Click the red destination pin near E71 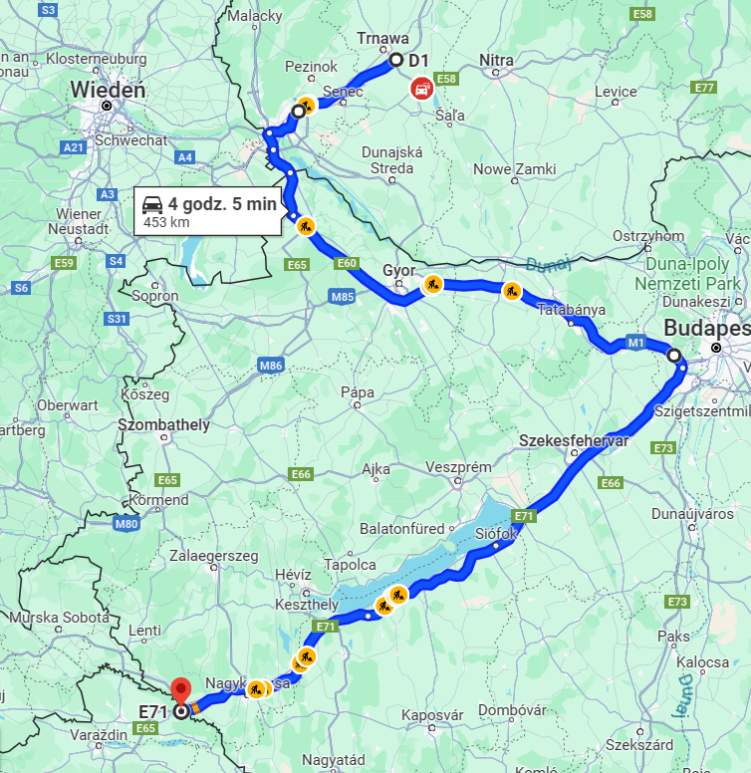pos(180,689)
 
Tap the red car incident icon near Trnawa pos(422,88)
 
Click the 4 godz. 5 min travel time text pos(221,204)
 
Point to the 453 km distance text pos(166,222)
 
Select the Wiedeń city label pos(109,91)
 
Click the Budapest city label pos(706,328)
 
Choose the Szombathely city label pos(163,425)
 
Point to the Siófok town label pos(496,534)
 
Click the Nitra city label pos(497,61)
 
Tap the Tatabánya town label pos(572,310)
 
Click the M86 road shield pos(271,366)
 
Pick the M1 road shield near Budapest pos(635,343)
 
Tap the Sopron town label pos(153,296)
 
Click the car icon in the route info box pos(152,205)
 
